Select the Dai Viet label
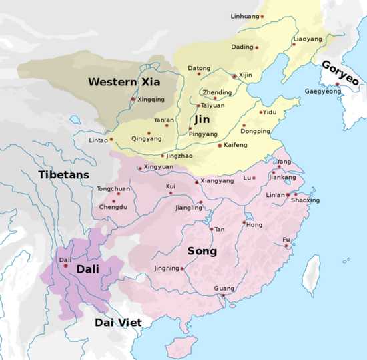[x=118, y=323]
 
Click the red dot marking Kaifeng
[x=220, y=145]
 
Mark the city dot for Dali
[x=65, y=266]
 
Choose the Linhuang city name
[x=244, y=15]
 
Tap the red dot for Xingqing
[x=133, y=100]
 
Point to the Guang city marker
[x=224, y=295]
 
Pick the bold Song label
[x=202, y=251]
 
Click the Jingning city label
[x=167, y=268]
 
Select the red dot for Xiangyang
[x=196, y=182]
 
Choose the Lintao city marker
[x=111, y=139]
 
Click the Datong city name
[x=199, y=69]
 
